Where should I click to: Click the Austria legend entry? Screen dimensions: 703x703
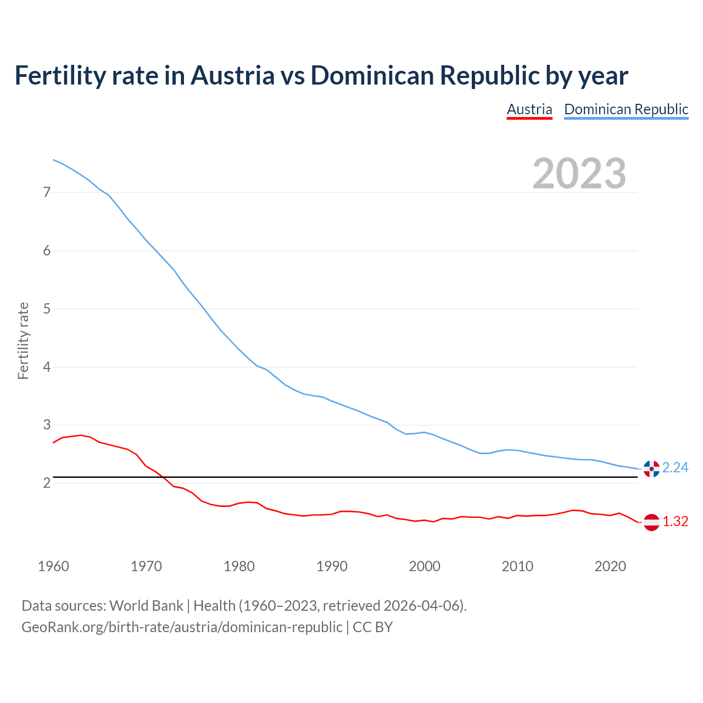529,109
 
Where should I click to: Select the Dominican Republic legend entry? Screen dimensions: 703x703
626,109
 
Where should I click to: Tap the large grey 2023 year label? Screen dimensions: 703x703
579,174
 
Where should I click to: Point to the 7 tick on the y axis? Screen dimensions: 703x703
47,192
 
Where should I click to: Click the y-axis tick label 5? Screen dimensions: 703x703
47,309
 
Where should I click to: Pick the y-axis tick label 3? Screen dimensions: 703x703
47,425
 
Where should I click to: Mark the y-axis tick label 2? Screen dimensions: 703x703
47,483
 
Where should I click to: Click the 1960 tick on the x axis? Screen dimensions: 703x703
53,566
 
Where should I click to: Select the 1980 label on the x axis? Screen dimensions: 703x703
239,566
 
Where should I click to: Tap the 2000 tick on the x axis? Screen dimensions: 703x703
425,566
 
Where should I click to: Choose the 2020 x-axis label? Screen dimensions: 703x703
610,566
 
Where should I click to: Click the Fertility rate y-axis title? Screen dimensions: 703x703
23,341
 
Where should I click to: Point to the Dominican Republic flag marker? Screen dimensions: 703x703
651,468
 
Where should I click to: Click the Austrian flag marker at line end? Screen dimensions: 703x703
651,522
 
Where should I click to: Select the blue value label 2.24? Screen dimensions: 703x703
675,467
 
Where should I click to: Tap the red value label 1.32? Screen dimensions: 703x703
675,521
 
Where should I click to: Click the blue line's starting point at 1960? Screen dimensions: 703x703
53,160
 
